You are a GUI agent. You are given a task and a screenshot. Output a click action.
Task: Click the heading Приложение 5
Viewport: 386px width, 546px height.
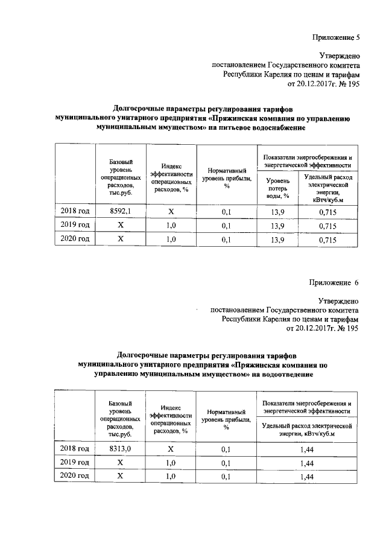click(x=335, y=37)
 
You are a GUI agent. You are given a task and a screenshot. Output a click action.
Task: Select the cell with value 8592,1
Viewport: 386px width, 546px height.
click(x=121, y=211)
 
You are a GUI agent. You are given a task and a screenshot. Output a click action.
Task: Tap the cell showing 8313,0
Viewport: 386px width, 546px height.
click(x=121, y=449)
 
